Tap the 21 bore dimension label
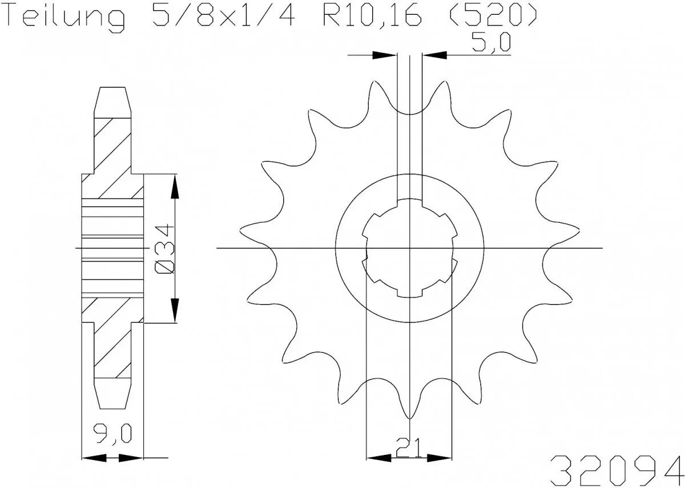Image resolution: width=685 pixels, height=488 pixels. [x=409, y=448]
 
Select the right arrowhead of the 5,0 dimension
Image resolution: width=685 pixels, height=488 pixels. [x=434, y=55]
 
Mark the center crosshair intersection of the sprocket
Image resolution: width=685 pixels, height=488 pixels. [x=409, y=249]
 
